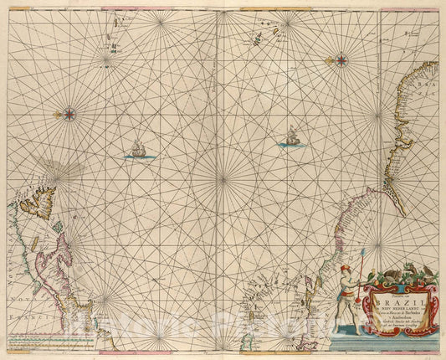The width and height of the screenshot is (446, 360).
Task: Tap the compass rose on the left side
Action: [69, 114]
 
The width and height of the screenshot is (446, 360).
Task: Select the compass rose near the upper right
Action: [341, 59]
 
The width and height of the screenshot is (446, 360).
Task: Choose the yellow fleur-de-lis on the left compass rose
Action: [58, 114]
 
